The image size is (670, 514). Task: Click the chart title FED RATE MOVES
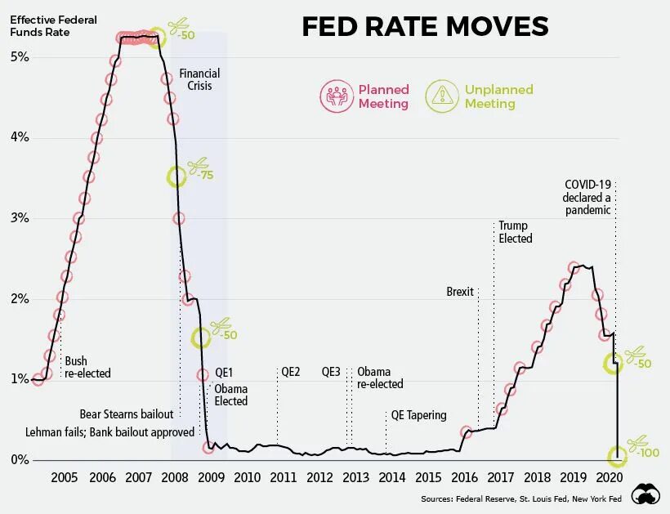425,27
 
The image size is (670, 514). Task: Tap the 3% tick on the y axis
19,218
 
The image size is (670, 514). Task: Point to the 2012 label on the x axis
319,477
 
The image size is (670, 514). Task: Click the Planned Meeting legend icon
336,96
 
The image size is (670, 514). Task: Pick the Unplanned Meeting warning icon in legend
442,96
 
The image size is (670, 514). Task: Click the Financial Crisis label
199,79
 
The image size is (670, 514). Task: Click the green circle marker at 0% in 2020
617,457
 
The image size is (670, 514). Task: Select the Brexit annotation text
460,292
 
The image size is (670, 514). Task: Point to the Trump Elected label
515,232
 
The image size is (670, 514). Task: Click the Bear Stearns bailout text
127,413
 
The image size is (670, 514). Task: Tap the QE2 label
291,372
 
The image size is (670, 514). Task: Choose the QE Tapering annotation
418,415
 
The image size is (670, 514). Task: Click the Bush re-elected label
87,367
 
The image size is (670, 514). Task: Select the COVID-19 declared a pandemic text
587,197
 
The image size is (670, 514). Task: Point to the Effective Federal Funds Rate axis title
47,26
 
